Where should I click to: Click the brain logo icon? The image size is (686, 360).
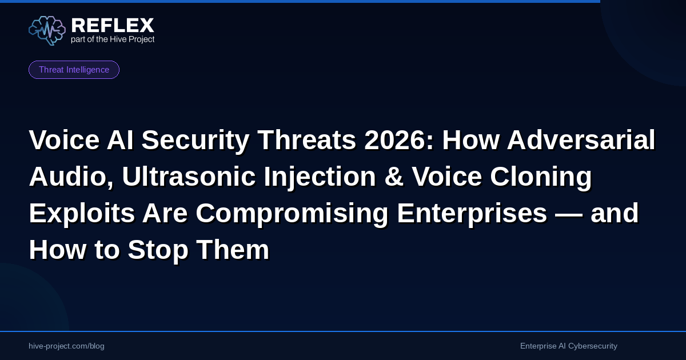click(x=47, y=31)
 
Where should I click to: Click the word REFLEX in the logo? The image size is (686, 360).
click(x=113, y=25)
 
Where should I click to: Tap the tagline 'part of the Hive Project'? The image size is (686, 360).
click(x=113, y=39)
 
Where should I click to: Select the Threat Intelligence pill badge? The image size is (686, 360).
click(x=74, y=70)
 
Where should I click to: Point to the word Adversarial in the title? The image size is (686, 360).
click(x=581, y=140)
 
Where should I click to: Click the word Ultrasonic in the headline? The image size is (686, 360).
click(x=189, y=177)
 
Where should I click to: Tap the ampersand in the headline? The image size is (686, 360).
click(x=393, y=177)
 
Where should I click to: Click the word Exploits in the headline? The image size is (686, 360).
click(x=82, y=213)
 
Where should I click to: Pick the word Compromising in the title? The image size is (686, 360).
click(x=292, y=213)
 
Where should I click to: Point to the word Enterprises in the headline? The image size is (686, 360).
click(x=472, y=213)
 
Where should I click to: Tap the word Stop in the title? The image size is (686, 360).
click(x=158, y=251)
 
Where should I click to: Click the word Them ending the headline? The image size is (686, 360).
click(x=233, y=250)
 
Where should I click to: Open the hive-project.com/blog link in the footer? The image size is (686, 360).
click(x=66, y=346)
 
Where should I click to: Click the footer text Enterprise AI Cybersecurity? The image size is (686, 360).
click(x=569, y=346)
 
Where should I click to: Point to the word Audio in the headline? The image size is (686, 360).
click(x=71, y=178)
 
